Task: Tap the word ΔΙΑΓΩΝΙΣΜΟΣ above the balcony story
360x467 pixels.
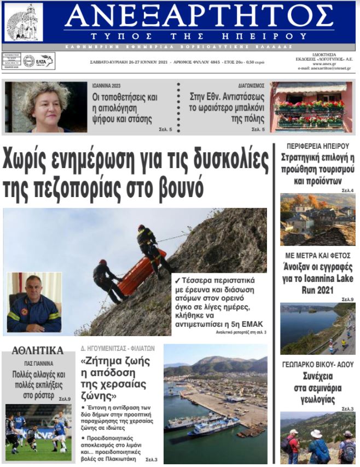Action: click(x=251, y=86)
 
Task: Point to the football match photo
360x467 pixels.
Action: click(x=38, y=432)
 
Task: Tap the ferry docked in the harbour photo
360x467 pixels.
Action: click(x=211, y=425)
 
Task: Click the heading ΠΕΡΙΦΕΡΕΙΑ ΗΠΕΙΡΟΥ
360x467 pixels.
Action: click(x=317, y=146)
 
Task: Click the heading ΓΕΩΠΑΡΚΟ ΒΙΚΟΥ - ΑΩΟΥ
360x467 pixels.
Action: click(x=317, y=364)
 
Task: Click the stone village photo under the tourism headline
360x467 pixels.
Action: click(x=317, y=219)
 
